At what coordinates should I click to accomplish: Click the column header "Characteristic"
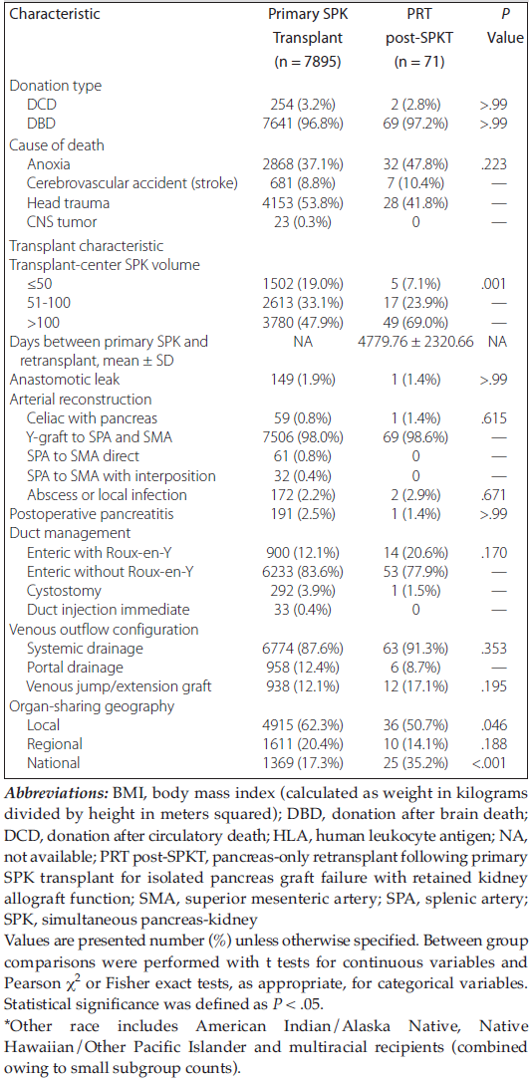pos(53,13)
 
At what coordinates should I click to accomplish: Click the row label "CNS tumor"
pos(62,223)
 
